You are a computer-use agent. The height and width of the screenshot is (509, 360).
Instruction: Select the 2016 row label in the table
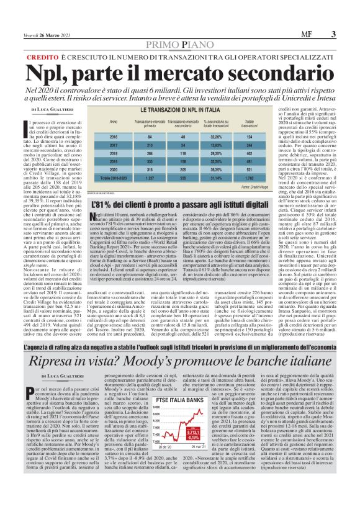coord(113,136)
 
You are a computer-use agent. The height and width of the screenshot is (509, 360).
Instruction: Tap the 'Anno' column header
coord(113,122)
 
